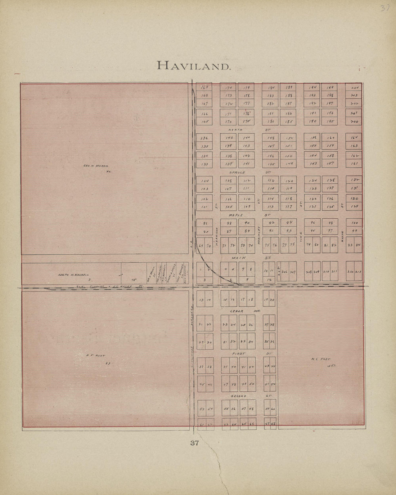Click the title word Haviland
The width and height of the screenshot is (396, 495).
point(194,66)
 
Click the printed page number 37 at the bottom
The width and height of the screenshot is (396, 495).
point(195,443)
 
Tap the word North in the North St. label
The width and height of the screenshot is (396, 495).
point(235,130)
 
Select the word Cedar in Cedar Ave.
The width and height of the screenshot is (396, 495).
point(237,311)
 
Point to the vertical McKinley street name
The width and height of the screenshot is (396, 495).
point(258,236)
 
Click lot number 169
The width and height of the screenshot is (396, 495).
point(205,87)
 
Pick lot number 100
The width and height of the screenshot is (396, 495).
point(354,223)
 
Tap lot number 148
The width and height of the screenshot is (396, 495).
point(271,138)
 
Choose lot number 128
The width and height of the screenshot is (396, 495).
point(330,180)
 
